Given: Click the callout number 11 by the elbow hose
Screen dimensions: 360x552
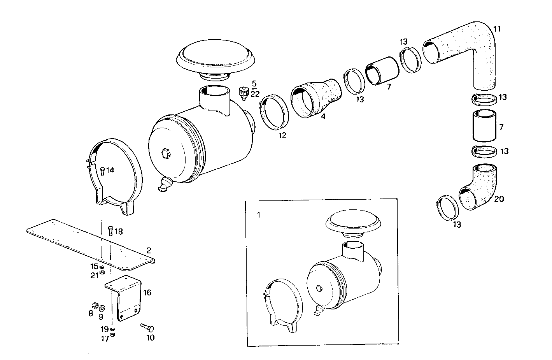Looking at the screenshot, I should (x=497, y=29).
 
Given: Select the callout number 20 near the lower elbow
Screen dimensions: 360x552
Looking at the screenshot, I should (x=499, y=199).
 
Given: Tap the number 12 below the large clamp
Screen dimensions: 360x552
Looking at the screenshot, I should (x=282, y=135).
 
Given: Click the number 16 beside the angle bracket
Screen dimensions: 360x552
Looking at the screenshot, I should (x=147, y=293).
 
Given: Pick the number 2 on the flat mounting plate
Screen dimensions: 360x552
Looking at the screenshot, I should (x=149, y=250).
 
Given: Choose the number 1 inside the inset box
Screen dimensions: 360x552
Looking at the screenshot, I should (x=259, y=214).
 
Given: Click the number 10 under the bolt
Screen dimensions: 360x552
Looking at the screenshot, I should (x=150, y=337).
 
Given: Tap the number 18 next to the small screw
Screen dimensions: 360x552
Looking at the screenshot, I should (x=118, y=232).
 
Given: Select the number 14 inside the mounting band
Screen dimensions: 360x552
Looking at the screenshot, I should (x=110, y=170).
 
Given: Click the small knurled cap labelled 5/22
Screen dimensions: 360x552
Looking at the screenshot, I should (x=243, y=93).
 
